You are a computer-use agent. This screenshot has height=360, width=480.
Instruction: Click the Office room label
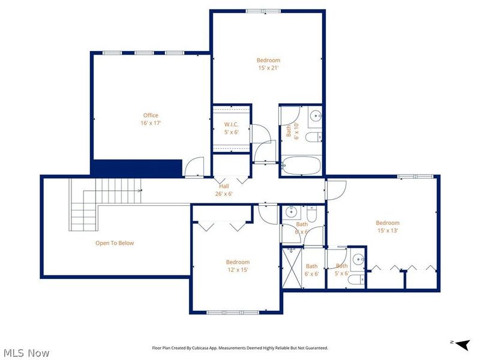coord(151,115)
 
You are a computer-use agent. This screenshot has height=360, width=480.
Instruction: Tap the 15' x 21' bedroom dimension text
coord(268,68)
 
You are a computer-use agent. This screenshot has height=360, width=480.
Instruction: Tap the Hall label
coord(224,186)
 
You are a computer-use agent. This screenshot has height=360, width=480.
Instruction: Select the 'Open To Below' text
coord(115,243)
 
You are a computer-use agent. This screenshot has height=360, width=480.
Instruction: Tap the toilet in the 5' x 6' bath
coord(355,280)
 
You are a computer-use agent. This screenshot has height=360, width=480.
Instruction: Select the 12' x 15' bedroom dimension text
coord(238,270)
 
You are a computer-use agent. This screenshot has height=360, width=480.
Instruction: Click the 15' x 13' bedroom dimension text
coord(388,230)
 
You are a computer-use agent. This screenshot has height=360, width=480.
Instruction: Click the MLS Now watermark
coord(26,353)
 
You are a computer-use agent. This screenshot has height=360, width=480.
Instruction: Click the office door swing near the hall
coord(196,167)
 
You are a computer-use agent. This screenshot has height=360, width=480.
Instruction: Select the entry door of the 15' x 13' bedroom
coord(335,190)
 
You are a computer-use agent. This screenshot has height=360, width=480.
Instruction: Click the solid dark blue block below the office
coord(137,167)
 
